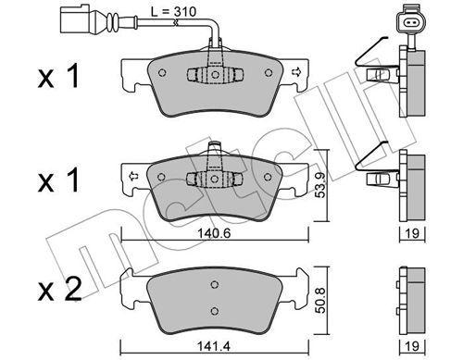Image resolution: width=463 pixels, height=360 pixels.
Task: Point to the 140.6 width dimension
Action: click(x=215, y=236)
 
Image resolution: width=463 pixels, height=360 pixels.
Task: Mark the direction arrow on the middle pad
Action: click(x=134, y=174)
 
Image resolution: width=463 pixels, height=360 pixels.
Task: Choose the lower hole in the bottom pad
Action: click(x=214, y=310)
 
